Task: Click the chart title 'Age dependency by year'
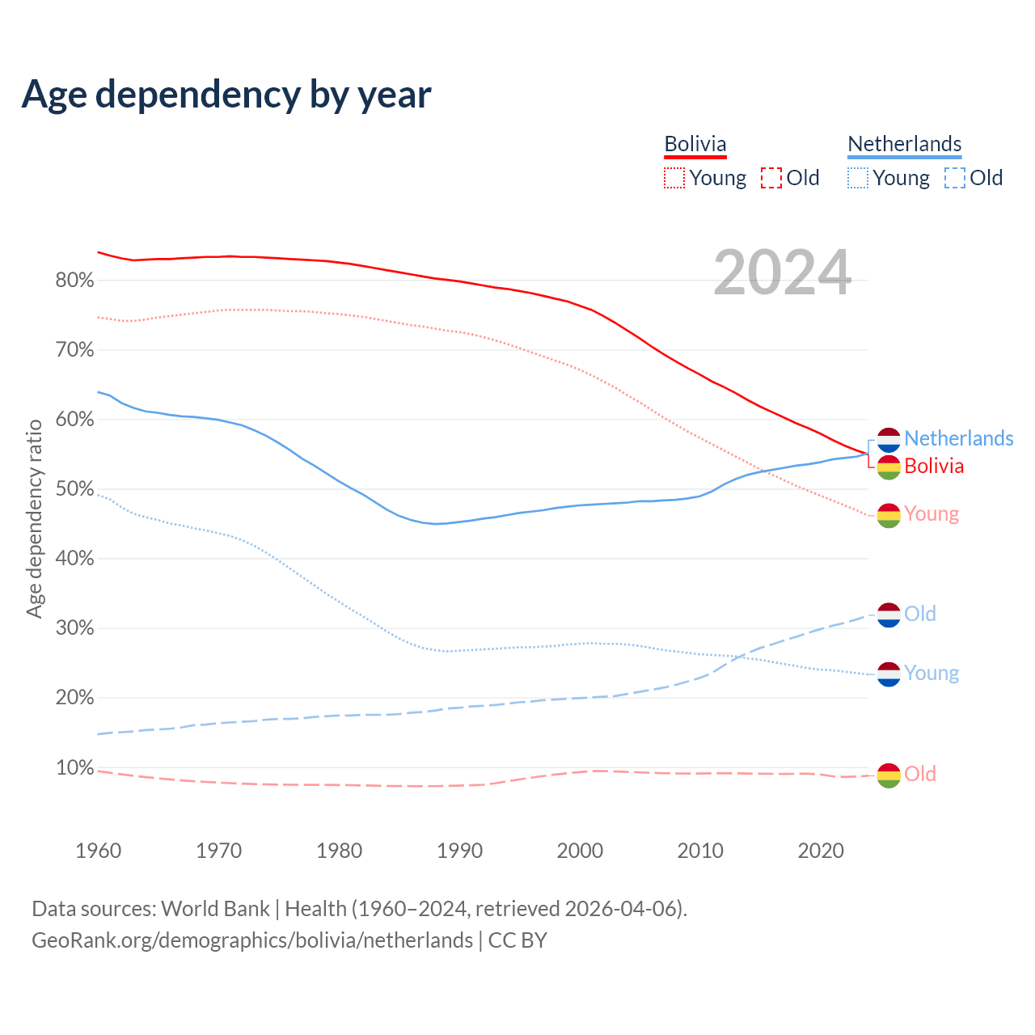coord(226,95)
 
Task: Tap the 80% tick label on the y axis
coord(74,281)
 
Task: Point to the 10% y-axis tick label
coord(74,767)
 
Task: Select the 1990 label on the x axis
coord(459,851)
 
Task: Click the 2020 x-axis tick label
coord(821,851)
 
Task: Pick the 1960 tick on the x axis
coord(98,851)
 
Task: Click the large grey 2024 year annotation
coord(782,272)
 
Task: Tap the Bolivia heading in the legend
coord(695,144)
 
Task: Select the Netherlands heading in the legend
coord(904,144)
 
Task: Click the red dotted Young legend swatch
coord(674,178)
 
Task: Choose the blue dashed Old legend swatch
coord(955,178)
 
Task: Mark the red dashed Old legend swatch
coord(771,178)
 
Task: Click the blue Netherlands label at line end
coord(958,438)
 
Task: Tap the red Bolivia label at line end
coord(934,466)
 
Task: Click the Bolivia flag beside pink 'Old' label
coord(889,775)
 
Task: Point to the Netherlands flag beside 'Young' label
coord(889,674)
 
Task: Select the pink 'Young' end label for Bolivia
coord(931,513)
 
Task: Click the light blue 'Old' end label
coord(920,614)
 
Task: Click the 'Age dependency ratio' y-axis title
coord(35,518)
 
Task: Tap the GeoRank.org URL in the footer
coord(252,940)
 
